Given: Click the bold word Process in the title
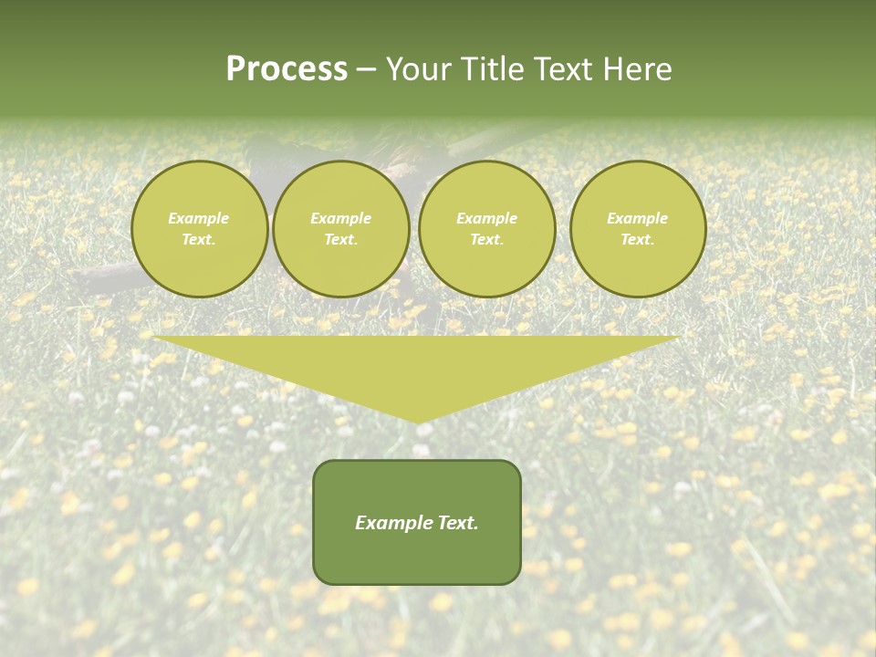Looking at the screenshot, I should (287, 69).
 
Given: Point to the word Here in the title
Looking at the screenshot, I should (638, 69).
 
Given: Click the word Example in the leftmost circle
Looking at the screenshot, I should (199, 218).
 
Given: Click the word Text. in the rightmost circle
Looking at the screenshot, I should (637, 240).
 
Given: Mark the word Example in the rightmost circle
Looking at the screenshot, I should (637, 218).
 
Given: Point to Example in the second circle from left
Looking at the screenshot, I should (340, 218).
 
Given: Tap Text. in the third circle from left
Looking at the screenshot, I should (486, 240).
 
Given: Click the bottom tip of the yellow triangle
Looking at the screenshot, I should (418, 421).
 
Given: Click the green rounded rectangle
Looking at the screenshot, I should (417, 557).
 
